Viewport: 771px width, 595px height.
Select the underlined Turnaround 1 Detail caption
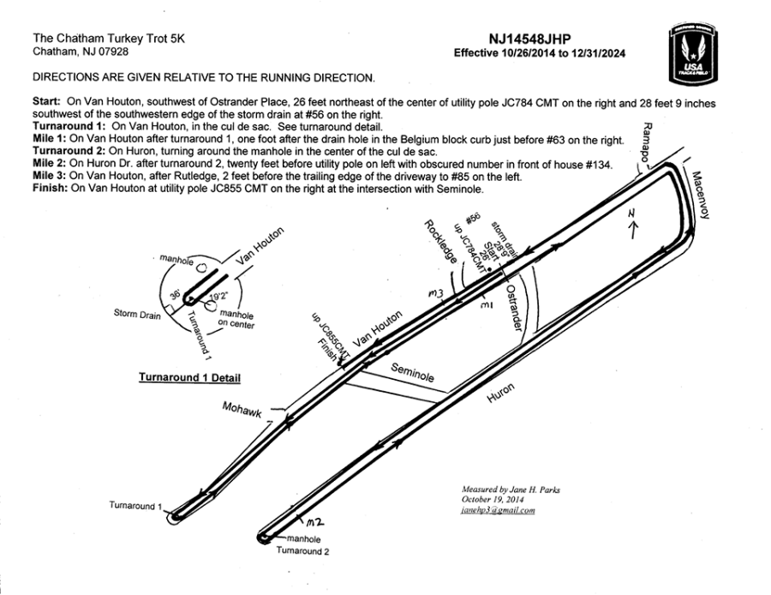click(189, 377)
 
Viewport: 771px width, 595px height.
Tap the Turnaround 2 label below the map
click(302, 551)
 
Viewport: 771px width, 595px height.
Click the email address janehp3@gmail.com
click(498, 511)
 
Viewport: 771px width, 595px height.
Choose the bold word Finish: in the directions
click(50, 188)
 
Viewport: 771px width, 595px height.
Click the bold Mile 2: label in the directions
click(52, 160)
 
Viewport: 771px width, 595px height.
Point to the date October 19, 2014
click(493, 501)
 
